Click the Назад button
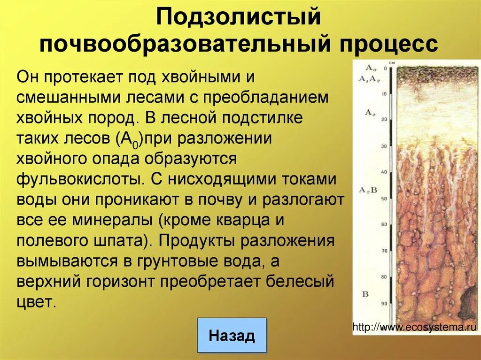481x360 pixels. (x=232, y=336)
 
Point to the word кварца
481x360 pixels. (x=248, y=220)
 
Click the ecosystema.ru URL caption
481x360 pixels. (x=415, y=327)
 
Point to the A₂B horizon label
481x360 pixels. (x=368, y=190)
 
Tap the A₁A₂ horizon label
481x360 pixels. (x=369, y=78)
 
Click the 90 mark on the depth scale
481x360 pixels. (x=384, y=304)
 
